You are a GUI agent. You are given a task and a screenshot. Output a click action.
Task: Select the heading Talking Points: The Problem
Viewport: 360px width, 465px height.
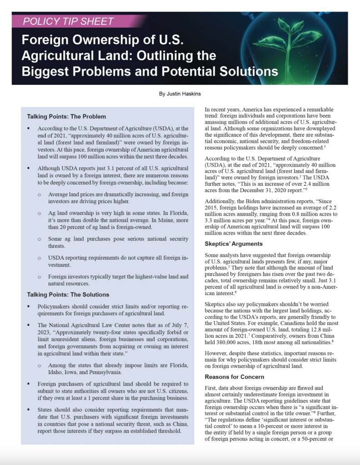pyautogui.click(x=66, y=116)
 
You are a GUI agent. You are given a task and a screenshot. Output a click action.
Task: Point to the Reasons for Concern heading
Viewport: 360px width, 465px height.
pyautogui.click(x=234, y=376)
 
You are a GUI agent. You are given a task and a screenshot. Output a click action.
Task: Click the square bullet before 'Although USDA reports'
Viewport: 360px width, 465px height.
pyautogui.click(x=29, y=168)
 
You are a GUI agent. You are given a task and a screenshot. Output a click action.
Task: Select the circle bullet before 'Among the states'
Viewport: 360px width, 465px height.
pyautogui.click(x=40, y=366)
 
